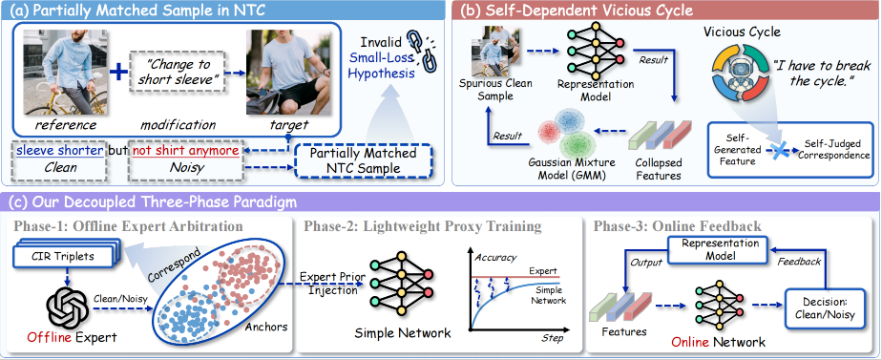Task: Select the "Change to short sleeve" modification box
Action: [178, 72]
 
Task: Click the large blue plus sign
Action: [117, 74]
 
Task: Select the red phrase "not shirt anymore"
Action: [185, 150]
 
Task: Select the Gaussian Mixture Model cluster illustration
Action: [565, 131]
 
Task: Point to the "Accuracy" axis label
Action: [495, 257]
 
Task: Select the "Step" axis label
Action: [552, 339]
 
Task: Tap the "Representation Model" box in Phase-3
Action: [712, 250]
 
